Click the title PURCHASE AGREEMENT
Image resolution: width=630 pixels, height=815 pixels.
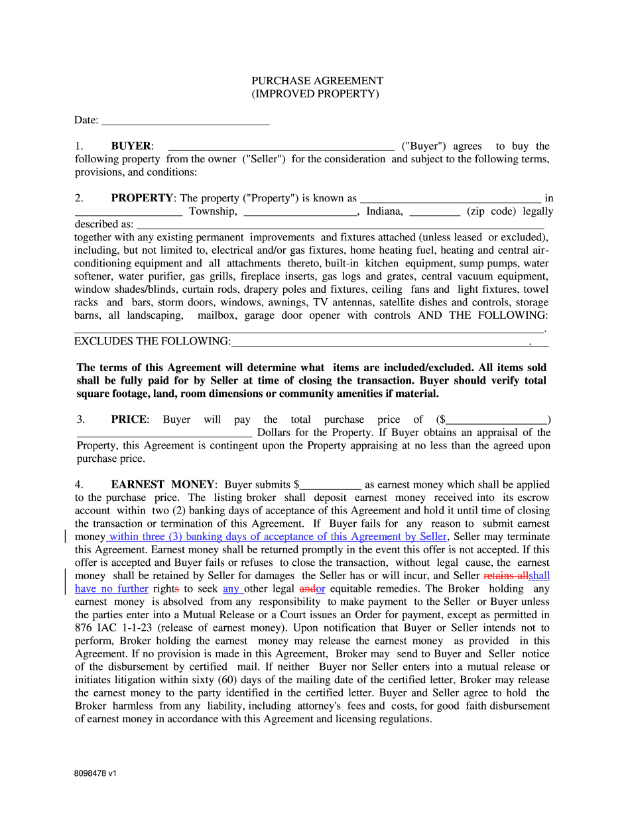coord(317,81)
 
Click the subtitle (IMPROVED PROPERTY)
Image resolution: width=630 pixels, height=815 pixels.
coord(315,94)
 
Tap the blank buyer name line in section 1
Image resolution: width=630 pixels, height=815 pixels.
coord(281,146)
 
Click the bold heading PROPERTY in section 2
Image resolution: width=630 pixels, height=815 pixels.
coord(142,198)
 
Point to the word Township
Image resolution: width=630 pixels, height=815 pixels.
coord(213,211)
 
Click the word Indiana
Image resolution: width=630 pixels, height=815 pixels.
coord(385,211)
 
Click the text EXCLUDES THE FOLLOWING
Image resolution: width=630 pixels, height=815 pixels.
coord(152,341)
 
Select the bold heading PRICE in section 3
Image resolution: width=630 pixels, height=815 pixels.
coord(130,419)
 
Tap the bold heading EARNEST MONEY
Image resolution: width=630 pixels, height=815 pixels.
coord(162,485)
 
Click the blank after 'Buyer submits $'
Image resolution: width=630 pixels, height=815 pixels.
coord(331,485)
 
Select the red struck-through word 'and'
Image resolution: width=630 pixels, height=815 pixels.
coord(308,589)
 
